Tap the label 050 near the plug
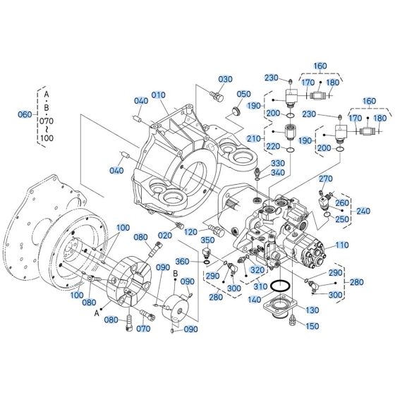[243, 95]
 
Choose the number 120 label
[190, 232]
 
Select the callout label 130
[312, 310]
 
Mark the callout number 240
[363, 210]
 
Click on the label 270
[325, 178]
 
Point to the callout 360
[183, 262]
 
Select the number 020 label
[165, 235]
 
